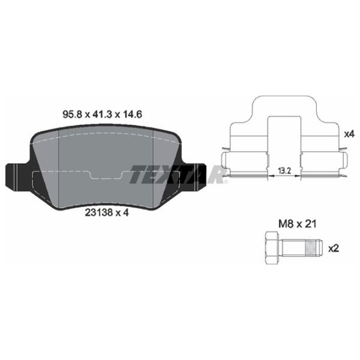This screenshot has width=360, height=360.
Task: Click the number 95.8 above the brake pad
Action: point(73,113)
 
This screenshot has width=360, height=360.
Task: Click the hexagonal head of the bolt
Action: point(270,247)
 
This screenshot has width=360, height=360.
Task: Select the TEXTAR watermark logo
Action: point(178,173)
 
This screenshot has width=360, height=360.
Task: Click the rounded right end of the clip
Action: point(345,161)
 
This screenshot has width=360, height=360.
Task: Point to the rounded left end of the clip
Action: point(224,161)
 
